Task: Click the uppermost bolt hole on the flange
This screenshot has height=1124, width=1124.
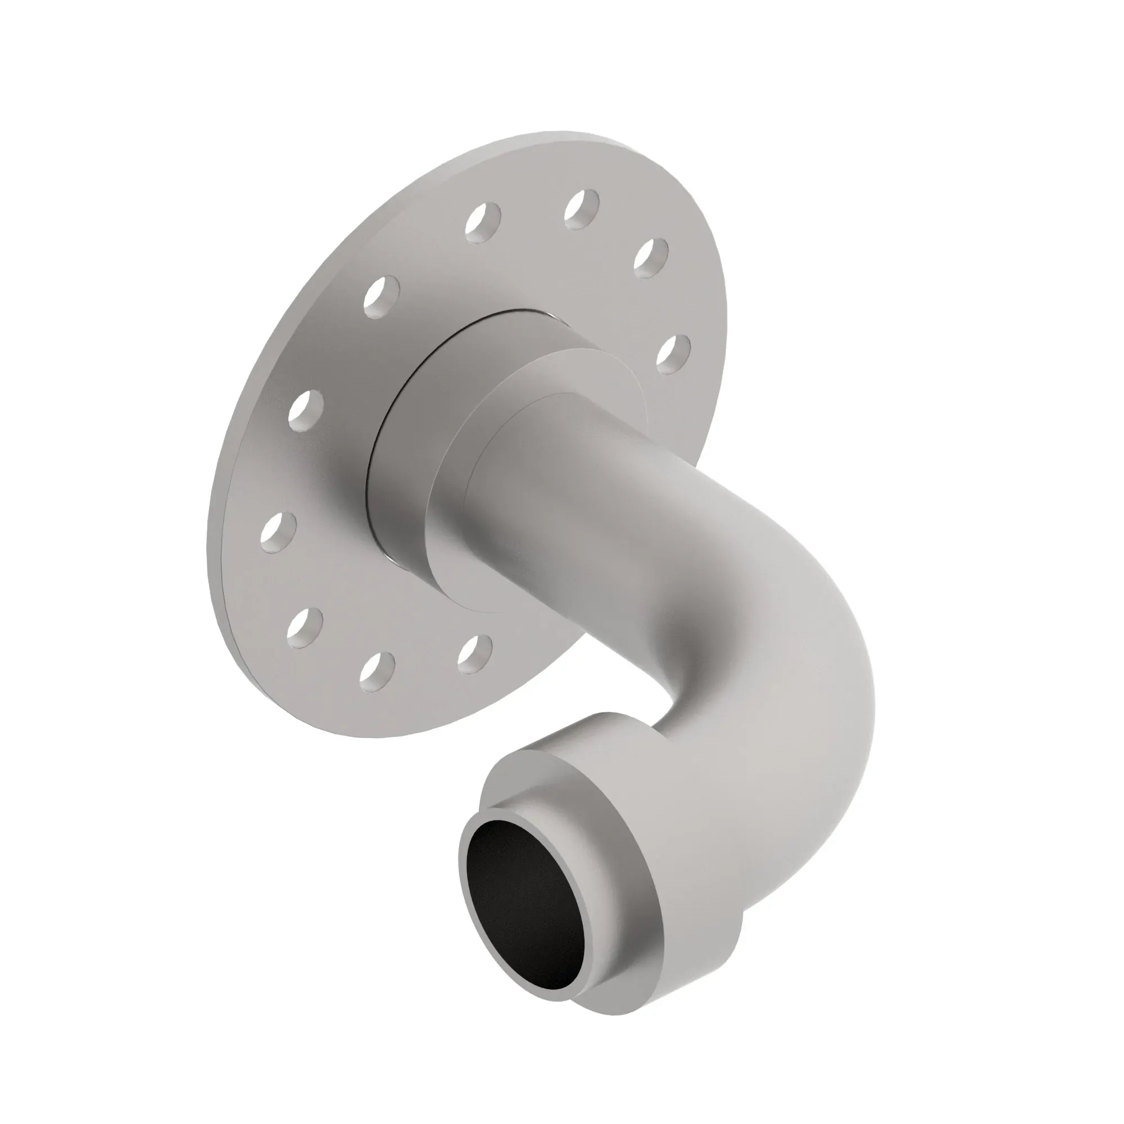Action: [x=582, y=209]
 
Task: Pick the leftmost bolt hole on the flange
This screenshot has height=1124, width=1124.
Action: [x=278, y=532]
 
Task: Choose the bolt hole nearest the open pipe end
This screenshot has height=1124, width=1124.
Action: [x=474, y=655]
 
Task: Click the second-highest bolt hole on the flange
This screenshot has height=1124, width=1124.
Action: [x=483, y=221]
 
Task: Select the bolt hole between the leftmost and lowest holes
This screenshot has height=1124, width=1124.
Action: [x=304, y=628]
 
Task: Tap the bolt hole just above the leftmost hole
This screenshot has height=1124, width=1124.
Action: [x=305, y=410]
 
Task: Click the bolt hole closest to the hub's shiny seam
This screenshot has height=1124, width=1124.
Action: [x=382, y=297]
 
